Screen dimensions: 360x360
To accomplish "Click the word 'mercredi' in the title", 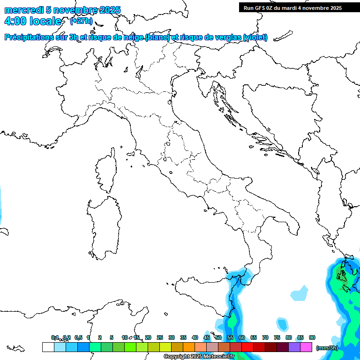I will (x=23, y=10).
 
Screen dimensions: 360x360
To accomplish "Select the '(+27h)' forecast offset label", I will (x=81, y=21).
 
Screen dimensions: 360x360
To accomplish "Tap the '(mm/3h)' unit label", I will (x=327, y=348).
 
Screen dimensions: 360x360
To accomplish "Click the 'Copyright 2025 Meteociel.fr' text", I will (x=199, y=357).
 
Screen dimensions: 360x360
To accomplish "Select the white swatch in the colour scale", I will (x=48, y=347).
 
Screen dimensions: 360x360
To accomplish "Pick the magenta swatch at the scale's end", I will (x=306, y=347).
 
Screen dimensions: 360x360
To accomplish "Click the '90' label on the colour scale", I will (x=312, y=337).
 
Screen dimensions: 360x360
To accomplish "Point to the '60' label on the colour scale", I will (x=242, y=337).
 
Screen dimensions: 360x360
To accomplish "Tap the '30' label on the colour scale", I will (x=172, y=337).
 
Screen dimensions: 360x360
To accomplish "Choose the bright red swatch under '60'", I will (x=247, y=347).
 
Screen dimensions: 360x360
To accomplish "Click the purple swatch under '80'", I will (x=294, y=347).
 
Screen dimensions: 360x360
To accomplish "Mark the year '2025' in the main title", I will (x=109, y=10).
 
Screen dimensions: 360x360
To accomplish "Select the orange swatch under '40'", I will (x=189, y=347).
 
